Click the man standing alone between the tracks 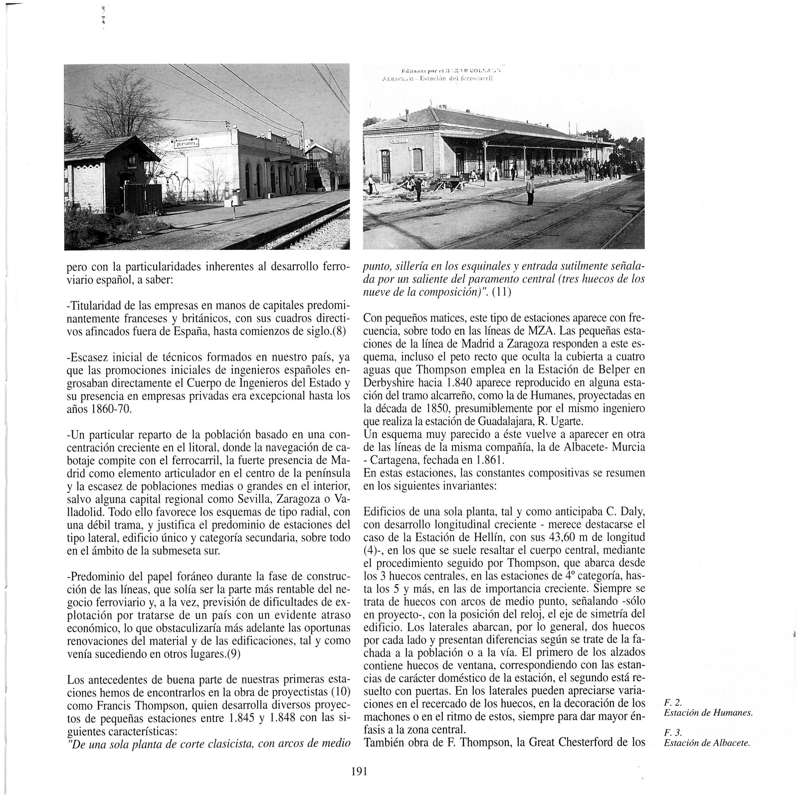[x=530, y=190]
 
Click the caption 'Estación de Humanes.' [x=707, y=713]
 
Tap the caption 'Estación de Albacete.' [x=707, y=743]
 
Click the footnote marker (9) [x=233, y=655]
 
